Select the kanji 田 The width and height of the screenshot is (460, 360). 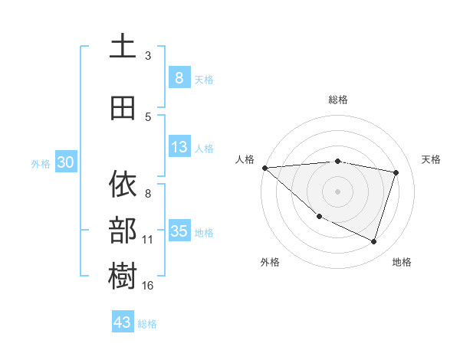pyautogui.click(x=123, y=108)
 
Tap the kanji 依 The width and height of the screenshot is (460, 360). pyautogui.click(x=123, y=185)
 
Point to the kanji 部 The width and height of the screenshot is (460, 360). pyautogui.click(x=123, y=229)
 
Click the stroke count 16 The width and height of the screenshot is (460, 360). pyautogui.click(x=147, y=286)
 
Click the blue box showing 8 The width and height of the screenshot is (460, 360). pyautogui.click(x=179, y=77)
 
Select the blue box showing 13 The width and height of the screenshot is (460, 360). pyautogui.click(x=179, y=147)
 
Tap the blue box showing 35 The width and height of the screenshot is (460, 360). pyautogui.click(x=179, y=231)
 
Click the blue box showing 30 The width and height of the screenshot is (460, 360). pyautogui.click(x=64, y=162)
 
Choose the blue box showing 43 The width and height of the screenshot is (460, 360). pyautogui.click(x=123, y=322)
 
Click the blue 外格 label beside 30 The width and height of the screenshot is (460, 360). pyautogui.click(x=40, y=163)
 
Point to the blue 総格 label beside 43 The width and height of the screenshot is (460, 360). pyautogui.click(x=147, y=324)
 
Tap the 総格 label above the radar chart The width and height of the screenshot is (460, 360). pyautogui.click(x=337, y=100)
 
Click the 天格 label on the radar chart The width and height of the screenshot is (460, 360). pyautogui.click(x=432, y=159)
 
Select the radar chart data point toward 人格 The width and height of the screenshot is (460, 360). pyautogui.click(x=264, y=168)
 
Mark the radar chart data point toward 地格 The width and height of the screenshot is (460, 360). pyautogui.click(x=373, y=241)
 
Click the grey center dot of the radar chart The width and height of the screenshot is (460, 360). pyautogui.click(x=337, y=191)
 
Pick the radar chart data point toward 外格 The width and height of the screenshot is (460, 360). pyautogui.click(x=319, y=216)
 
